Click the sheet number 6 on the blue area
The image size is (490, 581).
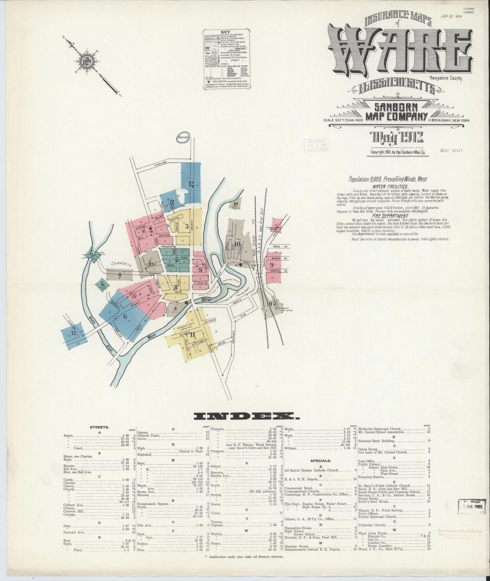(x=125, y=317)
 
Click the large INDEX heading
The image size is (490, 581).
(x=244, y=416)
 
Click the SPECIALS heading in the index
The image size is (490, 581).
(x=320, y=461)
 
